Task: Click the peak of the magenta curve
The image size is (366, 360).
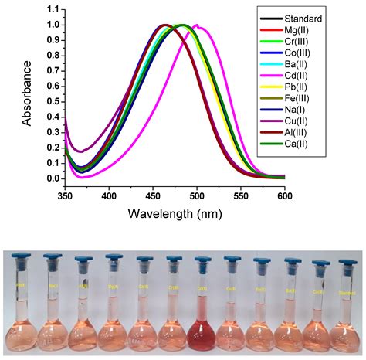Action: pyautogui.click(x=196, y=25)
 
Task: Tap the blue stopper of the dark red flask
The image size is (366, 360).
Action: pyautogui.click(x=202, y=260)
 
